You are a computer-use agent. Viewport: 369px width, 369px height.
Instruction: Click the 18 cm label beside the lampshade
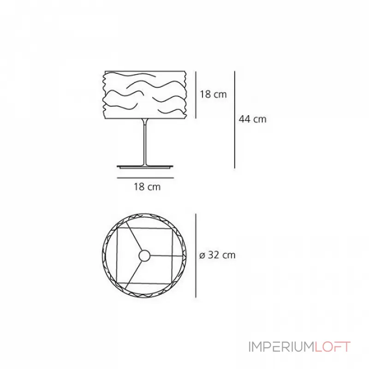[213, 95]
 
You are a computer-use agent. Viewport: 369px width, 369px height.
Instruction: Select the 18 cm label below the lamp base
[147, 187]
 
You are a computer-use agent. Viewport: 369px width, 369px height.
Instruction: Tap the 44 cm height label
[252, 119]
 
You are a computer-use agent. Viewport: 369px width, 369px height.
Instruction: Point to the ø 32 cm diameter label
[217, 255]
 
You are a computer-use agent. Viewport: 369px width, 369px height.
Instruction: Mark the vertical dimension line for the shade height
[196, 95]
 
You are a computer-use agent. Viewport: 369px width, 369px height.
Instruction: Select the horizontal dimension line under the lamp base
[147, 177]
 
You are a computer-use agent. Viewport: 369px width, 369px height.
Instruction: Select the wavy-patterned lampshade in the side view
[145, 95]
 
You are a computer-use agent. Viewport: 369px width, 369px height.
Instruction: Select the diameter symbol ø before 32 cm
[202, 256]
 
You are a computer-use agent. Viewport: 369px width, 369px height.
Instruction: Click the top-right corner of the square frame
[172, 229]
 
